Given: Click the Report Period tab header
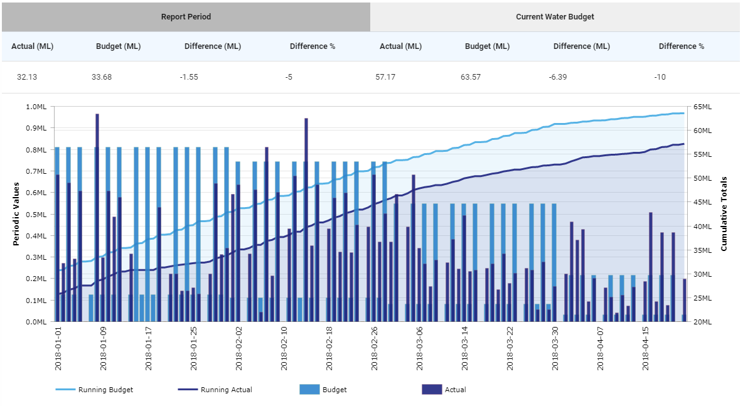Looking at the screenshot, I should point(186,17).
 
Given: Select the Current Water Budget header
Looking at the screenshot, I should point(555,17).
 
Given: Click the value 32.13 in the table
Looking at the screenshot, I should point(28,77).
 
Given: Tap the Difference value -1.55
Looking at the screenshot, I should point(189,77).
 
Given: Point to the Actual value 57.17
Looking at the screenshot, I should point(390,77).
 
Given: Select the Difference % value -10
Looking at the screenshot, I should point(660,77).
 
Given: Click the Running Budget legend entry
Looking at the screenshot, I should point(105,390).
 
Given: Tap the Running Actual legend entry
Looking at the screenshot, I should point(226,390).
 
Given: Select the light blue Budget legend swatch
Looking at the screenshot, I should point(310,390).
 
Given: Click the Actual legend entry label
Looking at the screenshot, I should point(455,390).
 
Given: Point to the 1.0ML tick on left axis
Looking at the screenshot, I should point(36,107).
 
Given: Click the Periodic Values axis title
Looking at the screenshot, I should point(17,214).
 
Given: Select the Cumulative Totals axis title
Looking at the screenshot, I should point(724,214).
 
